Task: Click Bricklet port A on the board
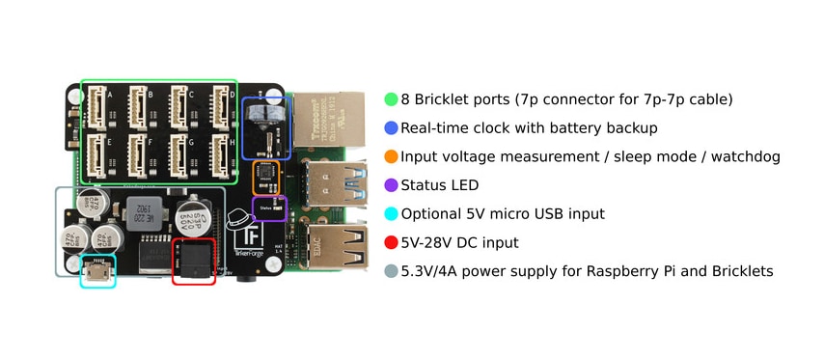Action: [98, 104]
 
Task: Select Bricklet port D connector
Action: [220, 104]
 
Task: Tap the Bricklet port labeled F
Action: [139, 153]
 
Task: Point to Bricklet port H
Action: [220, 153]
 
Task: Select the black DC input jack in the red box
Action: [193, 262]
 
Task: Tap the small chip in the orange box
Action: [267, 178]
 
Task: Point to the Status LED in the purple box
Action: [277, 206]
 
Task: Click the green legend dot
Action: [391, 99]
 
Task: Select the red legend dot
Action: [391, 243]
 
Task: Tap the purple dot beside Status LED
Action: [391, 185]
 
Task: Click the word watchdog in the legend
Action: [744, 156]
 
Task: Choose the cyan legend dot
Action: [391, 214]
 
